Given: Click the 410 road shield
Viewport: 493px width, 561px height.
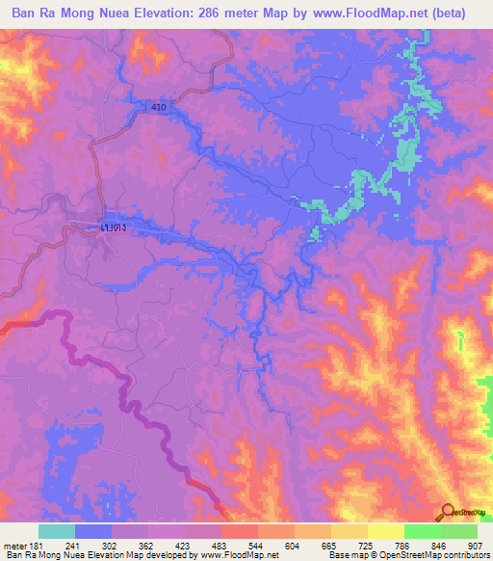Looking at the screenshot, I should tap(159, 107).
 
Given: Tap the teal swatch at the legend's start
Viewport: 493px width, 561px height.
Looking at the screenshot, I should tap(56, 531).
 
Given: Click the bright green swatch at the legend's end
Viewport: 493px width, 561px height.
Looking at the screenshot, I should tap(458, 531).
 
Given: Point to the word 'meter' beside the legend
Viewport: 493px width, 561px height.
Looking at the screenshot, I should tap(14, 544).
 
